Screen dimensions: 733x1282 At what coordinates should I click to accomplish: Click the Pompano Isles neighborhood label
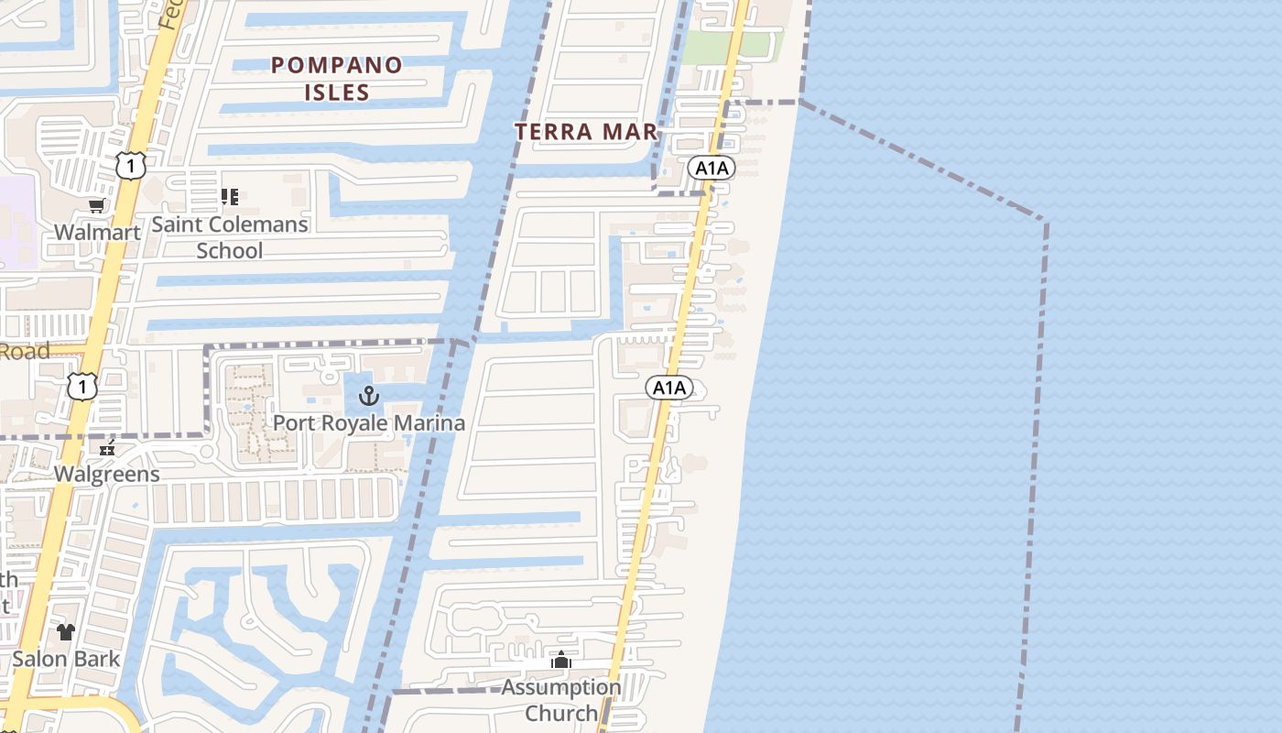[337, 78]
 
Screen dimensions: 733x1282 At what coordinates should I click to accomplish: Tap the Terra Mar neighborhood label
[587, 132]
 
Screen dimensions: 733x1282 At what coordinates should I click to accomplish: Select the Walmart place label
[97, 232]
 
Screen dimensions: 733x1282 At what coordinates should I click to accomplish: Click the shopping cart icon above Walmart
[96, 205]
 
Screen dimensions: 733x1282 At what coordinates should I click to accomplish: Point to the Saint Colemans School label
[230, 237]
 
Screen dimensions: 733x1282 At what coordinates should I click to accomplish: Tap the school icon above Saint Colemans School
[230, 196]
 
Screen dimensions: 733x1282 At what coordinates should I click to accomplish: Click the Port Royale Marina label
[369, 423]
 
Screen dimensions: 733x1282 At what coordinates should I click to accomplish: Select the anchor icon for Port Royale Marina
[368, 396]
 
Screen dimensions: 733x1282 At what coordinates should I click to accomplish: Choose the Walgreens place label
[107, 475]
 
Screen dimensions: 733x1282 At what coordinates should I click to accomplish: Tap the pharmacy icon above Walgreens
[108, 448]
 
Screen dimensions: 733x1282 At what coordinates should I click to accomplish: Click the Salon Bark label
[66, 659]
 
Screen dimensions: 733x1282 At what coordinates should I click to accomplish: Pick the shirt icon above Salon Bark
[66, 631]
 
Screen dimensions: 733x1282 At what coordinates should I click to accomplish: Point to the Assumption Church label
[561, 700]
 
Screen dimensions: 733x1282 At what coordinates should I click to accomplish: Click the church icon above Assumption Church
[561, 660]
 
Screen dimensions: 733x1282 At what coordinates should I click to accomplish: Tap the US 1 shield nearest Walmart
[131, 166]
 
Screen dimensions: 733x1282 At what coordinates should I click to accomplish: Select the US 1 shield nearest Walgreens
[82, 387]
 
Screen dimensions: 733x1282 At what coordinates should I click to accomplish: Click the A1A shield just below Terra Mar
[712, 168]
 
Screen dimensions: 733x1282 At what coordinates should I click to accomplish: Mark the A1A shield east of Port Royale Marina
[668, 388]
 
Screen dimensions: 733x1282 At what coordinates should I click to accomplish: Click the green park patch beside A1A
[733, 46]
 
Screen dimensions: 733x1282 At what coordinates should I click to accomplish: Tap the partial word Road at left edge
[24, 351]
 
